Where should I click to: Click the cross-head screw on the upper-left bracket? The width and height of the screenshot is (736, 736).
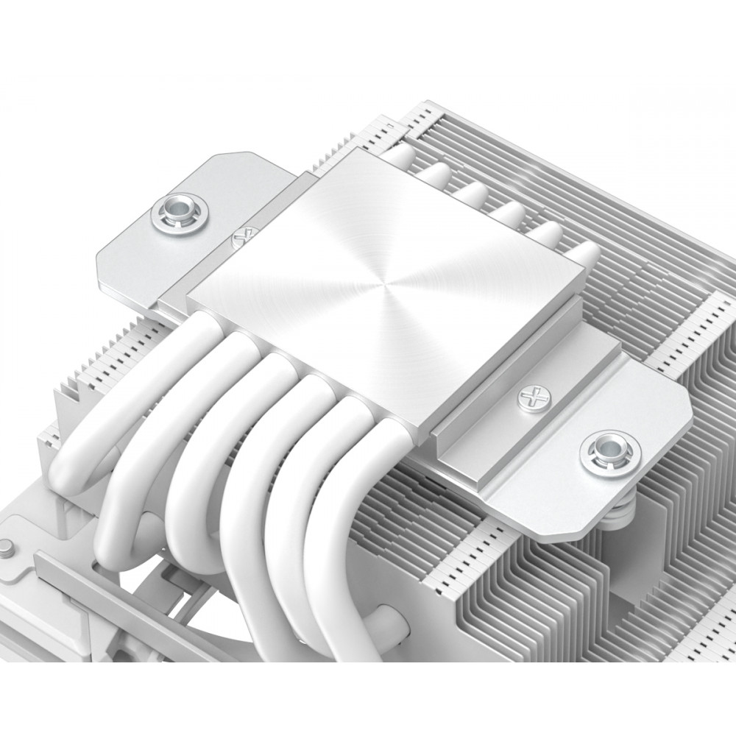(240, 240)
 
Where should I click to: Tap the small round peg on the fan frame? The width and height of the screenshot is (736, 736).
(6, 548)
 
